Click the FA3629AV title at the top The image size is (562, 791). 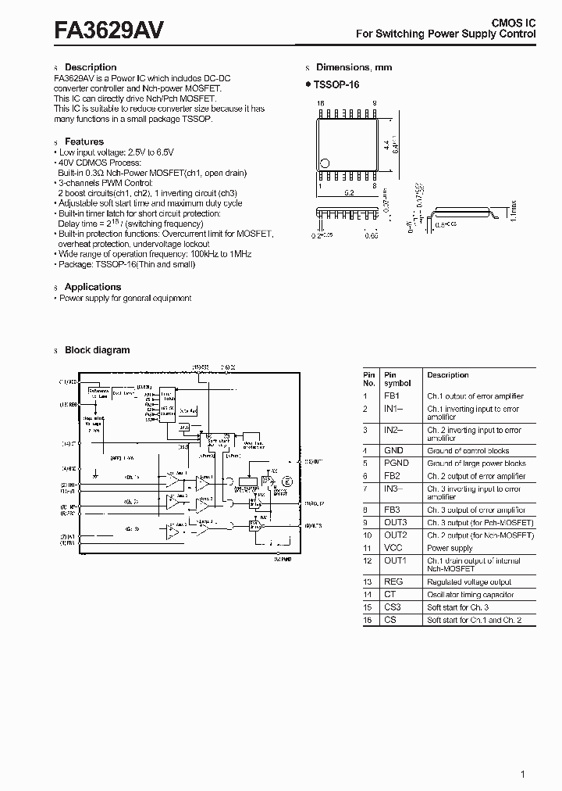point(108,29)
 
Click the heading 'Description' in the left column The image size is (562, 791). point(90,67)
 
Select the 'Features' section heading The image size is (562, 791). point(84,141)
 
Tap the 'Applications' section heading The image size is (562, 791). point(92,287)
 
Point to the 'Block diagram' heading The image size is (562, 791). point(97,350)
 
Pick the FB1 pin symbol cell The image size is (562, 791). point(391,396)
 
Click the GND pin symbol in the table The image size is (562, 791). point(393,451)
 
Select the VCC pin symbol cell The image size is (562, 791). point(393,548)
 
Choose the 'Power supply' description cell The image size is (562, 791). point(450,548)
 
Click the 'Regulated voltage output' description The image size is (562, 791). point(469,582)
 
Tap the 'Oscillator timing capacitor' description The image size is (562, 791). point(470,595)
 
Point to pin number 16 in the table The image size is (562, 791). point(367,620)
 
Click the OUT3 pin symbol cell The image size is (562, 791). point(395,522)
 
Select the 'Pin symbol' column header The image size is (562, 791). point(397,379)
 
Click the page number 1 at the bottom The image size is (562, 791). point(522,775)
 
